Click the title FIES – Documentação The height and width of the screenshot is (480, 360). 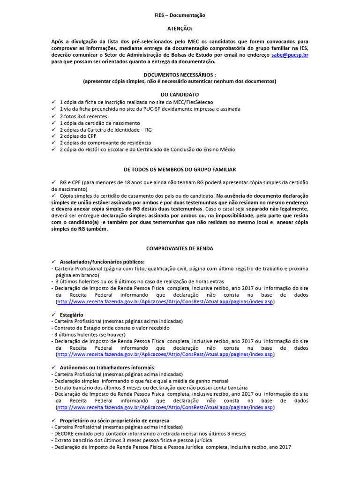pos(180,15)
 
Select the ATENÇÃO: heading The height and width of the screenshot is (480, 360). pos(180,29)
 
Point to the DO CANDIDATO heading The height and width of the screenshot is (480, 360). pos(180,94)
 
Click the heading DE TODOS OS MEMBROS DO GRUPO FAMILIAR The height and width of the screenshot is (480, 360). pos(180,169)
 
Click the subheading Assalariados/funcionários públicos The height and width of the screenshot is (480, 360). pos(102,262)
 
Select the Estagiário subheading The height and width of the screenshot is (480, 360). pos(72,315)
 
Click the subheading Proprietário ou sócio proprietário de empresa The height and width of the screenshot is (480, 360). pos(114,420)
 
